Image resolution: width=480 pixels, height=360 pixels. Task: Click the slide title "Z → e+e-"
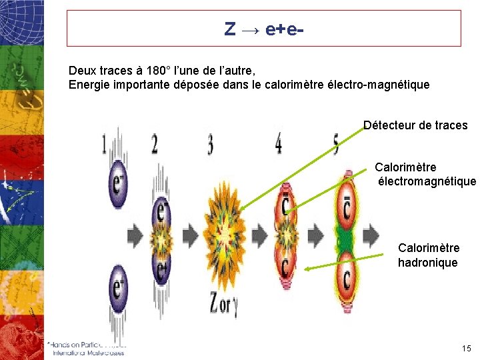264,29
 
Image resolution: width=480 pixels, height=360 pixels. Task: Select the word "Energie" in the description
88,85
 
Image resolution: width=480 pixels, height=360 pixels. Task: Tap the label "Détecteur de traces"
415,125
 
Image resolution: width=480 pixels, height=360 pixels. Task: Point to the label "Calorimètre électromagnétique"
425,174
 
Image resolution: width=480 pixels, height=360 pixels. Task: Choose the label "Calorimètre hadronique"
428,255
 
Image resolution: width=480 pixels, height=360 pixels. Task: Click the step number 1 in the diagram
104,143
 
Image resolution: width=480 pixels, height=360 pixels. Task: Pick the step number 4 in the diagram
278,143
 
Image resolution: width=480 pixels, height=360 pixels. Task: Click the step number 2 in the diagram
155,143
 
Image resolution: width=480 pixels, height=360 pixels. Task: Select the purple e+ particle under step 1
118,288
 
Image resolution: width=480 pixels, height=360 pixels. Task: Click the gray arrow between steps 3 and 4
260,235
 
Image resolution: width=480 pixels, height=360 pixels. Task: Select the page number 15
465,348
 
